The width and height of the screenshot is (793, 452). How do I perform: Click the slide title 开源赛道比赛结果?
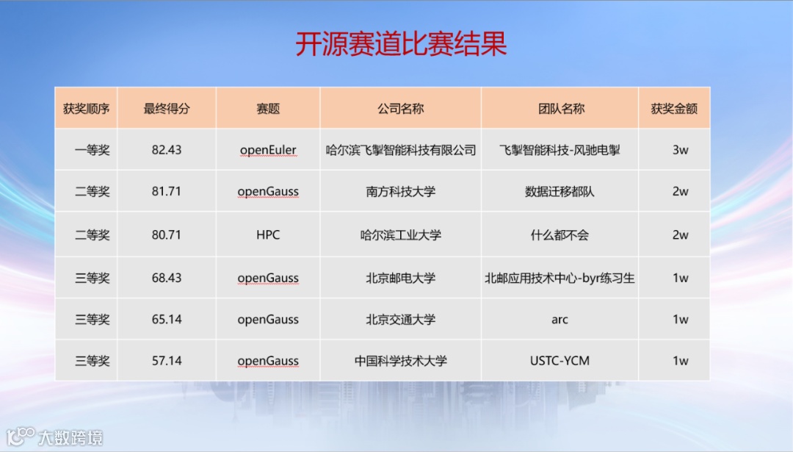click(401, 44)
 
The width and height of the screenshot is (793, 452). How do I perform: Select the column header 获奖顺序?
click(86, 108)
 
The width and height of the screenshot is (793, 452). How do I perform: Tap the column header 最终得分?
click(167, 108)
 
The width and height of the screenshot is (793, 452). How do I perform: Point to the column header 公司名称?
click(401, 108)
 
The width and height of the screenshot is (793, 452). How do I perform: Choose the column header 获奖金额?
click(674, 108)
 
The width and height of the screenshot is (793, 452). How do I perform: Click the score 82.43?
click(167, 150)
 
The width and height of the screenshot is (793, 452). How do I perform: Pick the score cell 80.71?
click(167, 235)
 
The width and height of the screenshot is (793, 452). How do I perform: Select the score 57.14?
click(167, 361)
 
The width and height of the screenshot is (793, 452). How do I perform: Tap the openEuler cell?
click(268, 151)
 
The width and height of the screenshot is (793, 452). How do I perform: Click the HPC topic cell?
click(268, 235)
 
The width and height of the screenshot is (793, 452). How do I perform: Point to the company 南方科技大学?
click(401, 191)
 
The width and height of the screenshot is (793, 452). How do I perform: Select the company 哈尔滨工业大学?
click(401, 235)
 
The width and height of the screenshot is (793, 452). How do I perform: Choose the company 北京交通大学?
click(401, 320)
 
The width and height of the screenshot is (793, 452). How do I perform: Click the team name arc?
click(560, 320)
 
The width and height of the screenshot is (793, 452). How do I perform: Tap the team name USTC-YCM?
click(560, 361)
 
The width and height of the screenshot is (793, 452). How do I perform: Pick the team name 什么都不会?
click(560, 235)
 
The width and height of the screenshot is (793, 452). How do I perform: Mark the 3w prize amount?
click(680, 150)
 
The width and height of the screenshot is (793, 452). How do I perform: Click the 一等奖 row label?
click(92, 151)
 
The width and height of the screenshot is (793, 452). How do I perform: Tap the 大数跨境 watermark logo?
click(54, 437)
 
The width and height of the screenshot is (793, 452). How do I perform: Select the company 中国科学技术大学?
click(401, 361)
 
